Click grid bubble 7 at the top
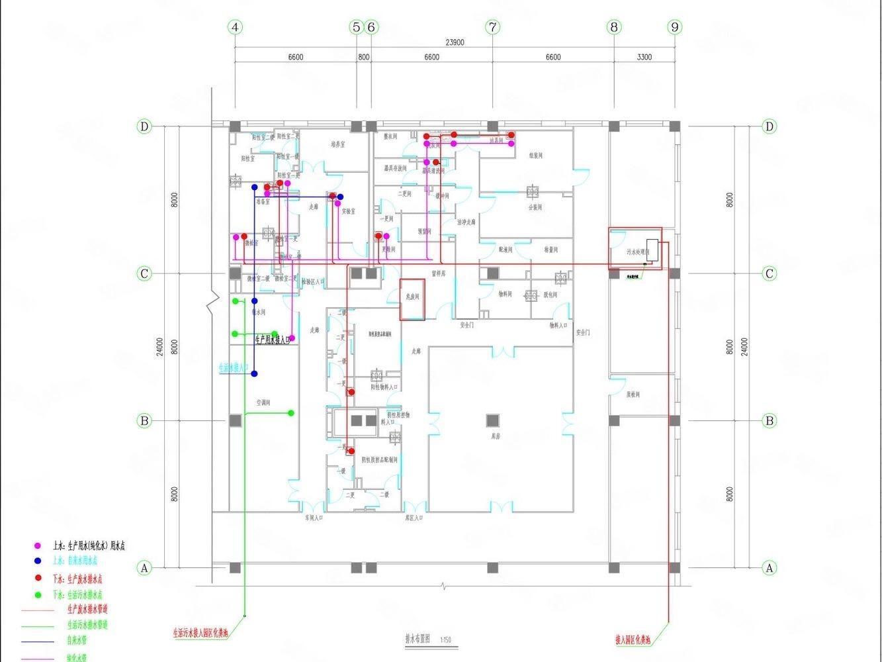[492, 27]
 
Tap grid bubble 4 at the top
[235, 27]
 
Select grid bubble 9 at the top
[674, 27]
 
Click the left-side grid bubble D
[144, 126]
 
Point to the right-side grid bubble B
[769, 420]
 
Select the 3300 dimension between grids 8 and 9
[644, 57]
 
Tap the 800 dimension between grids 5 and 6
[363, 57]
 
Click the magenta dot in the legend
[38, 546]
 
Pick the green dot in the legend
[38, 594]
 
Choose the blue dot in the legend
[38, 561]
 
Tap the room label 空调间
[263, 402]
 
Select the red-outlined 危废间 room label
[412, 298]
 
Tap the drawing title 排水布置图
[418, 639]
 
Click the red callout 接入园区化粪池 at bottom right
[633, 640]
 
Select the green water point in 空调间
[290, 413]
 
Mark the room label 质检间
[633, 395]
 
